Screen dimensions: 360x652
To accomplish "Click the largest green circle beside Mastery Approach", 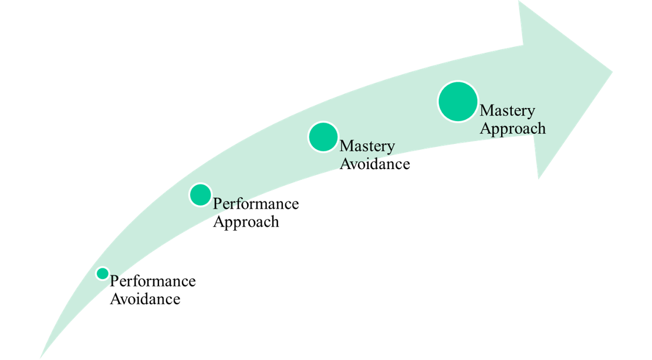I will pos(458,102).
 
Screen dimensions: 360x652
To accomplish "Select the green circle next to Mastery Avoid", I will pos(323,137).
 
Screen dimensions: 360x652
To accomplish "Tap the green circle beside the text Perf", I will pos(201,194).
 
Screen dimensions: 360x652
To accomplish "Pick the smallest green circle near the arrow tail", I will pos(103,273).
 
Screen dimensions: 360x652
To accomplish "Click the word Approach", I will pos(512,128).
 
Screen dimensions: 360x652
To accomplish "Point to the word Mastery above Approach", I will pos(507,110).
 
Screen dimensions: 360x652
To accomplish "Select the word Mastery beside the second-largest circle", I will pos(367,146).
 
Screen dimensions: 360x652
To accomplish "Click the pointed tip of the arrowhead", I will pos(613,72).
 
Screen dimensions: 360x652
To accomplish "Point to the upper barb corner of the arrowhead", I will pos(519,2).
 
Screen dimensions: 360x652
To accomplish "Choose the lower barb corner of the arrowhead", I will pos(538,179).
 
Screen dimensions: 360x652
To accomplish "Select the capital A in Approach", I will pos(485,128).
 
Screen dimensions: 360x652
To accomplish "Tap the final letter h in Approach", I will pos(540,128).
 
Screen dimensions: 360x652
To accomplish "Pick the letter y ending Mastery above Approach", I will pos(531,112).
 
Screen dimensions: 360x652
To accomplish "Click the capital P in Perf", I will pos(217,204).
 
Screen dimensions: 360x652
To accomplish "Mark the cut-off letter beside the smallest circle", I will pos(113,278).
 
